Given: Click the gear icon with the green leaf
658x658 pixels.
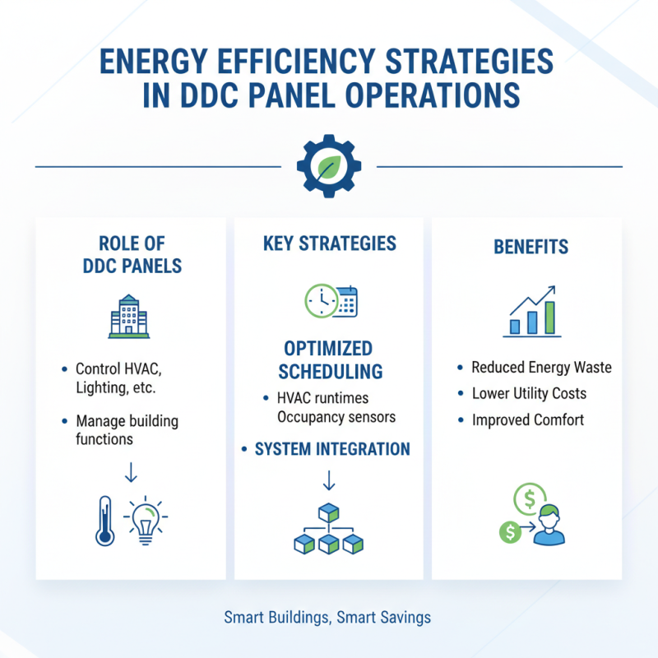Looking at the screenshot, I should coord(328,166).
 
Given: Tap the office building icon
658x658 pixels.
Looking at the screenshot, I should coord(130,316).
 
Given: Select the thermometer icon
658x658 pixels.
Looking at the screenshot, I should coord(104,521).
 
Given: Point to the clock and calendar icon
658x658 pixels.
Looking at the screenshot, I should coord(330,302).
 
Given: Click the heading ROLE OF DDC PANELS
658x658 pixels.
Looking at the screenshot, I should coord(131,254).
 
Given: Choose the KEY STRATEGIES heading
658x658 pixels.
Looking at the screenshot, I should coord(329,243).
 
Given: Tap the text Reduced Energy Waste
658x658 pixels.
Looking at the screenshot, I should coord(541,368).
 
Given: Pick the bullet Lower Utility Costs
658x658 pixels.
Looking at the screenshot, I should coord(529,394).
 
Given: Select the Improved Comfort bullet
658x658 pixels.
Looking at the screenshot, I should coord(527,420).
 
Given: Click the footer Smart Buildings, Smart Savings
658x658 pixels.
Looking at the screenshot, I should coord(327,617).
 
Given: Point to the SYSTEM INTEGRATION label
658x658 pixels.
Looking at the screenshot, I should coord(332,449).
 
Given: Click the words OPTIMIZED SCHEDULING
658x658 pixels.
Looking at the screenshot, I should coord(329,359).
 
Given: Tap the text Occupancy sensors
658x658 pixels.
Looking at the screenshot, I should coord(336,417).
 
